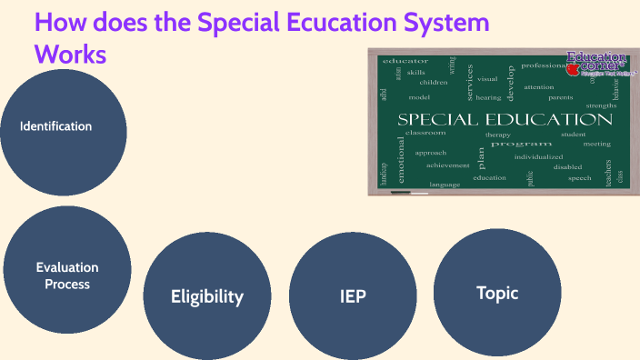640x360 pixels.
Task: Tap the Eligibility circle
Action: (207, 295)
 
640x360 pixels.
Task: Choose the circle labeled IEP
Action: (352, 295)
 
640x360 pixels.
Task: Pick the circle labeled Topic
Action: (497, 292)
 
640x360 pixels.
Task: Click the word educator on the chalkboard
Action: (406, 61)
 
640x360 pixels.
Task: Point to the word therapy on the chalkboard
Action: (497, 135)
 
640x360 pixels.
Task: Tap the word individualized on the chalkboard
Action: (538, 156)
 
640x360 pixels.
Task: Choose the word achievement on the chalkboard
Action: (447, 165)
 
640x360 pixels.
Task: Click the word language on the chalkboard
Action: (445, 185)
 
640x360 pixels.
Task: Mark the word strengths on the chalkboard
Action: (601, 106)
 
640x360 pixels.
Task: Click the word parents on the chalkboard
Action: (560, 96)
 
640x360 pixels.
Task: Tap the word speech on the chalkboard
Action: (579, 178)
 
